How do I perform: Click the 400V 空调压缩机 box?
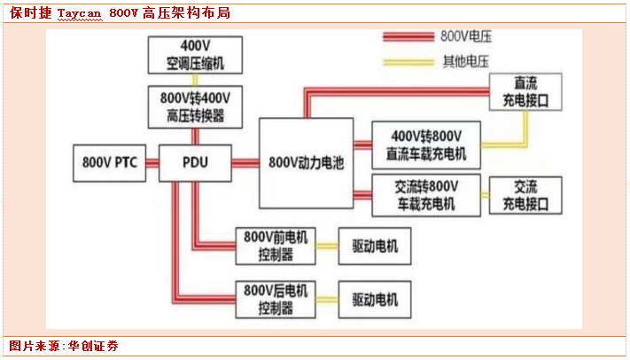194,56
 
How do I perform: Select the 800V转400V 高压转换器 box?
194,106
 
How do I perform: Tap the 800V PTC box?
109,163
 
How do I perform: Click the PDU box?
195,163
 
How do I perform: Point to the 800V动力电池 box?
305,163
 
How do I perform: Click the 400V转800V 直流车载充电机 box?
425,145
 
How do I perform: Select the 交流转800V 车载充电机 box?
425,195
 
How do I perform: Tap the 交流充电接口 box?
525,195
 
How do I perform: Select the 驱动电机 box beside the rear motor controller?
375,299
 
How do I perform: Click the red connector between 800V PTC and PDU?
152,163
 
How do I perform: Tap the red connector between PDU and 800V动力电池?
245,163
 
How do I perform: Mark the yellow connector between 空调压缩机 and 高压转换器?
194,80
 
